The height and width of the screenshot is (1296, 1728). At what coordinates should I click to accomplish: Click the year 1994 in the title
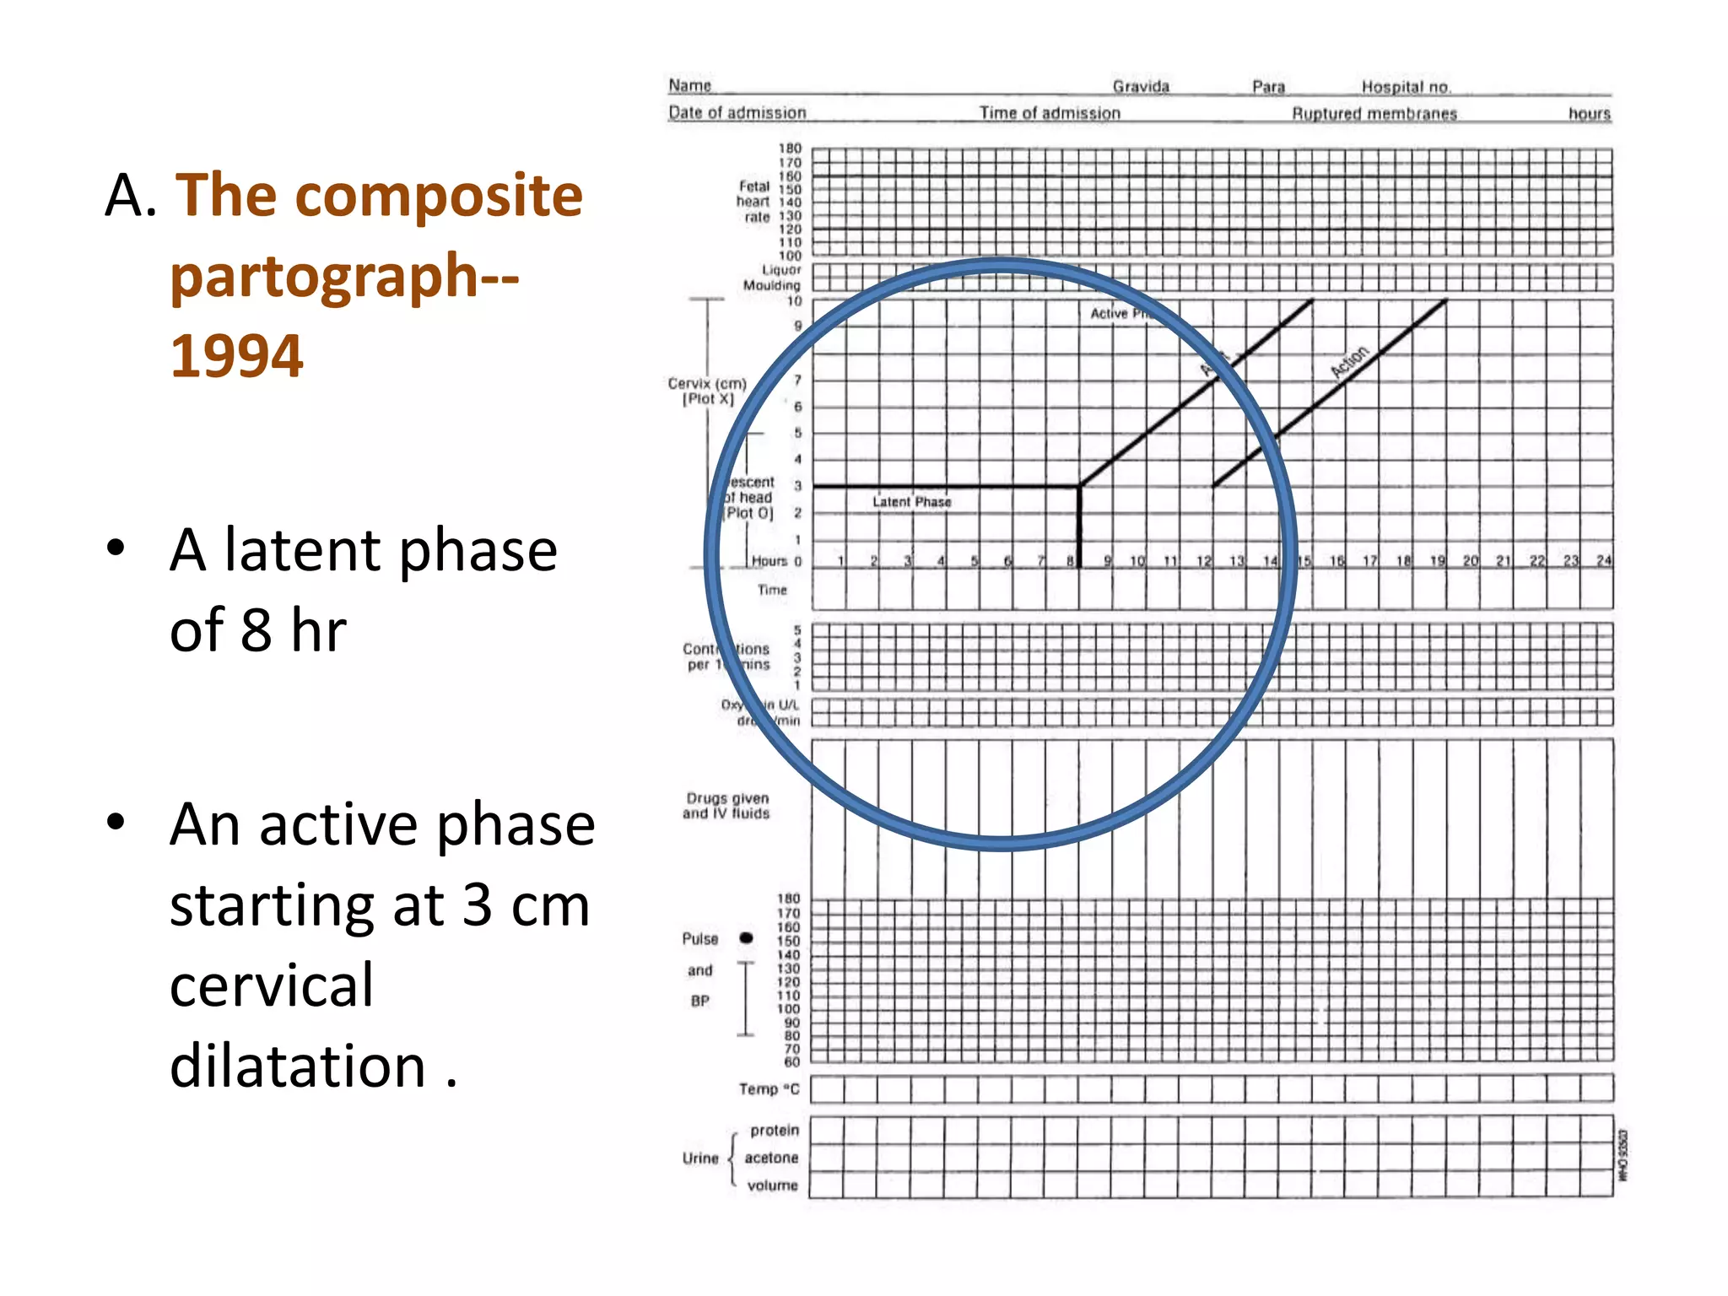[x=236, y=355]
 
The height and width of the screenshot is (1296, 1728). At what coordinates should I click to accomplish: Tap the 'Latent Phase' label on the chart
[x=911, y=502]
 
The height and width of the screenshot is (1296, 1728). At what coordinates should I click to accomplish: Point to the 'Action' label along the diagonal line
[x=1349, y=362]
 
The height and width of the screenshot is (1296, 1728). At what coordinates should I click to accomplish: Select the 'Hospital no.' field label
[x=1406, y=87]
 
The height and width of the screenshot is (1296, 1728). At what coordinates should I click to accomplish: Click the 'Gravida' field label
[x=1141, y=87]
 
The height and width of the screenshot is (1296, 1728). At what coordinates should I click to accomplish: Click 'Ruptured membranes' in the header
[x=1374, y=114]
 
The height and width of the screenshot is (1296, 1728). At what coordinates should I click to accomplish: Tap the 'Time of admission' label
[x=1050, y=113]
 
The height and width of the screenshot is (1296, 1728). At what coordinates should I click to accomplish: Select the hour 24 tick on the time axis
[x=1603, y=560]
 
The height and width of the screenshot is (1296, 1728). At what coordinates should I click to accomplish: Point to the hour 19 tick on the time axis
[x=1437, y=560]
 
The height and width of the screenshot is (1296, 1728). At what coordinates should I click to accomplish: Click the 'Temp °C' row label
[x=769, y=1089]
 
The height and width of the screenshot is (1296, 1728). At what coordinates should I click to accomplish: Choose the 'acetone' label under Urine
[x=771, y=1158]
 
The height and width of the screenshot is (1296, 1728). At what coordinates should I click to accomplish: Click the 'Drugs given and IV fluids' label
[x=726, y=806]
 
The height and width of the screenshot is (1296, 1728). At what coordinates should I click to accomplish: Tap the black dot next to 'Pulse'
[x=746, y=938]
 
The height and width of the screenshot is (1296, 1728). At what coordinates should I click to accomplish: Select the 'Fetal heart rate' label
[x=753, y=202]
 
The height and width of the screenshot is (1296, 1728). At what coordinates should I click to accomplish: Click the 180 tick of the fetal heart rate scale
[x=790, y=148]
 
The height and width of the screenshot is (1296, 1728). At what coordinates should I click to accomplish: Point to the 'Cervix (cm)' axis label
[x=707, y=384]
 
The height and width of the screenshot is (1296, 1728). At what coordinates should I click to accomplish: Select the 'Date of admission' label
[x=737, y=113]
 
